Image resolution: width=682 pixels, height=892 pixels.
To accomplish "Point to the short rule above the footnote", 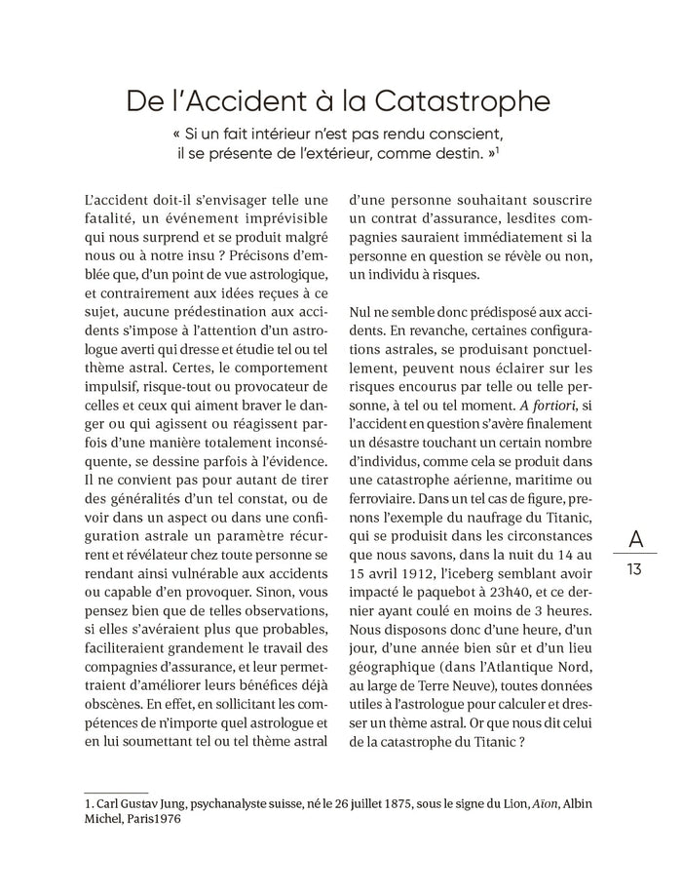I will click(116, 793).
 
